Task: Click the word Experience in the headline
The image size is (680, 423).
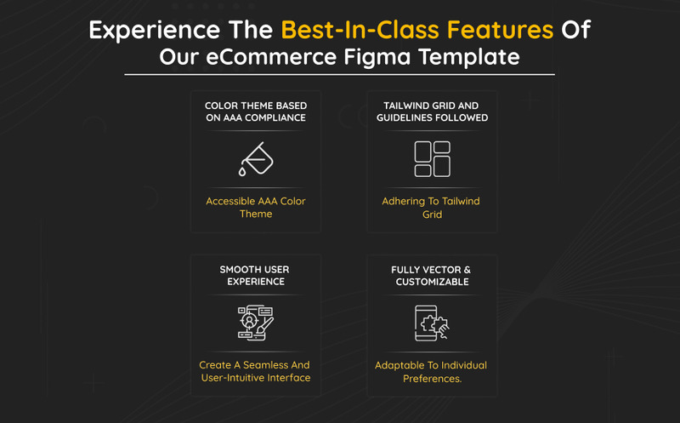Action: coord(155,31)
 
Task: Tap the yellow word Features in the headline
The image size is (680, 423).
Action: coord(500,30)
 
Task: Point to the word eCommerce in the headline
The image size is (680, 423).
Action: coord(271,57)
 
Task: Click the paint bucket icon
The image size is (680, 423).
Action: coord(256,159)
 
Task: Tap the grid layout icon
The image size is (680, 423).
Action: coord(433,159)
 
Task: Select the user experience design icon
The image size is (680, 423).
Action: coord(256,323)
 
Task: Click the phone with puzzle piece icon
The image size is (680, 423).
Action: coord(432,323)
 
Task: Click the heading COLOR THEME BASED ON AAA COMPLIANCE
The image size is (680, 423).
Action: coord(256,111)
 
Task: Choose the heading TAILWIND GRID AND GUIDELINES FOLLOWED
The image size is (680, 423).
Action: coord(432,111)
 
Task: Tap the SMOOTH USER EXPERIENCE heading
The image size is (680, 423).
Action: coord(255,276)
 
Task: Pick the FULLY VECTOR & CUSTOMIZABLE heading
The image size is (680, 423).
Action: coord(432,276)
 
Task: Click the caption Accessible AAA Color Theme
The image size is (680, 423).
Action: coord(256,207)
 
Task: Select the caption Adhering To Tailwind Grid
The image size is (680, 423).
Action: coord(431,207)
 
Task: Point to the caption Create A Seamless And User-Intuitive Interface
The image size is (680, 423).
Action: coord(255,371)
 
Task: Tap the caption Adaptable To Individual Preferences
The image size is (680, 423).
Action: coord(431,372)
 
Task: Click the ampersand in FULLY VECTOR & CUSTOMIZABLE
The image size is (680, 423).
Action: coord(467,270)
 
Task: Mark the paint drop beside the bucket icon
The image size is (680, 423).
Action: coord(242,172)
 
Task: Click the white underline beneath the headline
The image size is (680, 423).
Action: coord(339,75)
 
